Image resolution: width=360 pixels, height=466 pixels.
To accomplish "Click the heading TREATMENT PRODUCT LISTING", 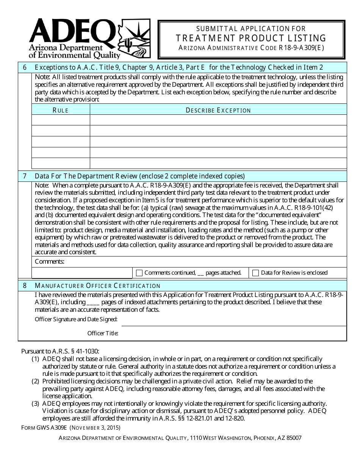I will pos(251,38).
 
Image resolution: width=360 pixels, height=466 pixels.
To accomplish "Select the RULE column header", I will pos(61,110).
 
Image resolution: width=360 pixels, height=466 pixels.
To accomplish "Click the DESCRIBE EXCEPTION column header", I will pos(218,110).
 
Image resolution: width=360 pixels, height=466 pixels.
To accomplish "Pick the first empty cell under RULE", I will pos(61,120).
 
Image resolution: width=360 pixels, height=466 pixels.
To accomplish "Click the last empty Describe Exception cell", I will pos(218,163).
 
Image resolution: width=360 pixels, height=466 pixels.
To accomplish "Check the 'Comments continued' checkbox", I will pos(139,273).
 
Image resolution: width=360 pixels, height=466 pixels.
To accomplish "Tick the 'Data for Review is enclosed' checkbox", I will pos(255,273).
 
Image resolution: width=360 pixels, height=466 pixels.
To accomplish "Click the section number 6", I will pos(25,67).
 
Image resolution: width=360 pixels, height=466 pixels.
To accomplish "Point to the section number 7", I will pos(25,176).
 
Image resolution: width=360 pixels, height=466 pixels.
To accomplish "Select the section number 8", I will pos(25,285).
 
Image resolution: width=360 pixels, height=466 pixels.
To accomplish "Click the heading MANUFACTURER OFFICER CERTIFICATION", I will pos(97,286).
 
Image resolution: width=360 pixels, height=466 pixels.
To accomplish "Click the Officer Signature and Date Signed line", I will pos(233,320).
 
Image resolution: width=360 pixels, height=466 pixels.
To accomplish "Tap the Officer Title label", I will pos(103,333).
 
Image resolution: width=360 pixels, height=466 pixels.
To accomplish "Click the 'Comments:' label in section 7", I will pos(49,262).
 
